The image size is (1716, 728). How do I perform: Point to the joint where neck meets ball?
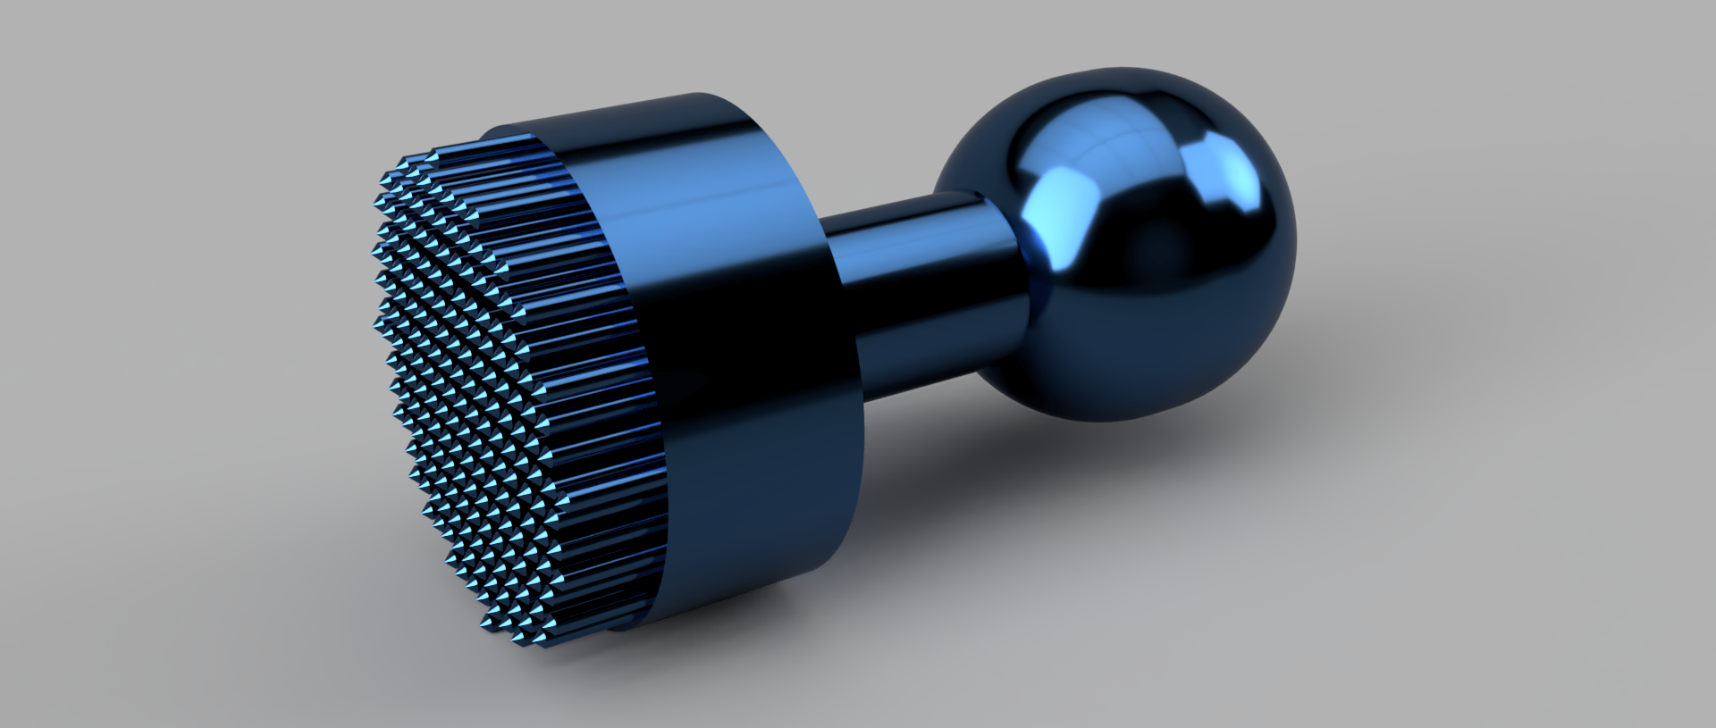pos(1019,268)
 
